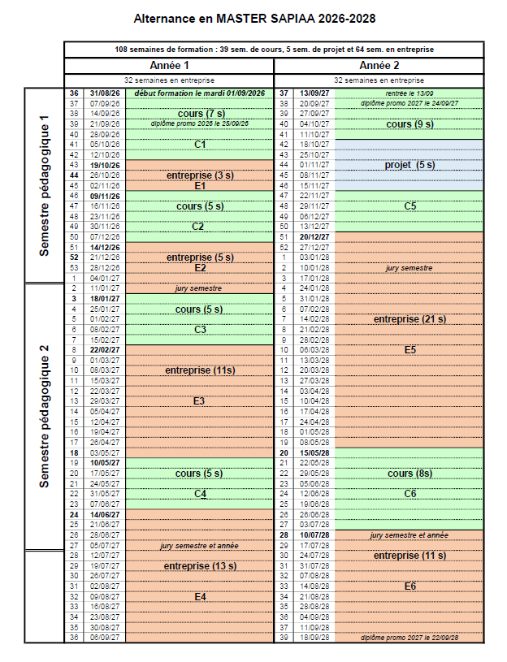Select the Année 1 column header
tap(169, 65)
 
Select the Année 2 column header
tap(379, 65)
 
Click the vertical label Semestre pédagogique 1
tap(45, 185)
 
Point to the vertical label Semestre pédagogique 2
tap(45, 417)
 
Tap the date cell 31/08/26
tap(105, 93)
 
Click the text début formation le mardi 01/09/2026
tap(200, 93)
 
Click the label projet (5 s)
tap(409, 165)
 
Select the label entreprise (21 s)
tap(409, 319)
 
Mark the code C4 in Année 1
tap(200, 494)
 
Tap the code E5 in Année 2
tap(409, 350)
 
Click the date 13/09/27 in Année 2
tap(314, 93)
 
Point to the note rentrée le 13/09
tap(409, 93)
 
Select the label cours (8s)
tap(409, 474)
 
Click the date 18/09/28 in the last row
tap(314, 638)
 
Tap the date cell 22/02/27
tap(105, 350)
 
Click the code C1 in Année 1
tap(200, 145)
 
